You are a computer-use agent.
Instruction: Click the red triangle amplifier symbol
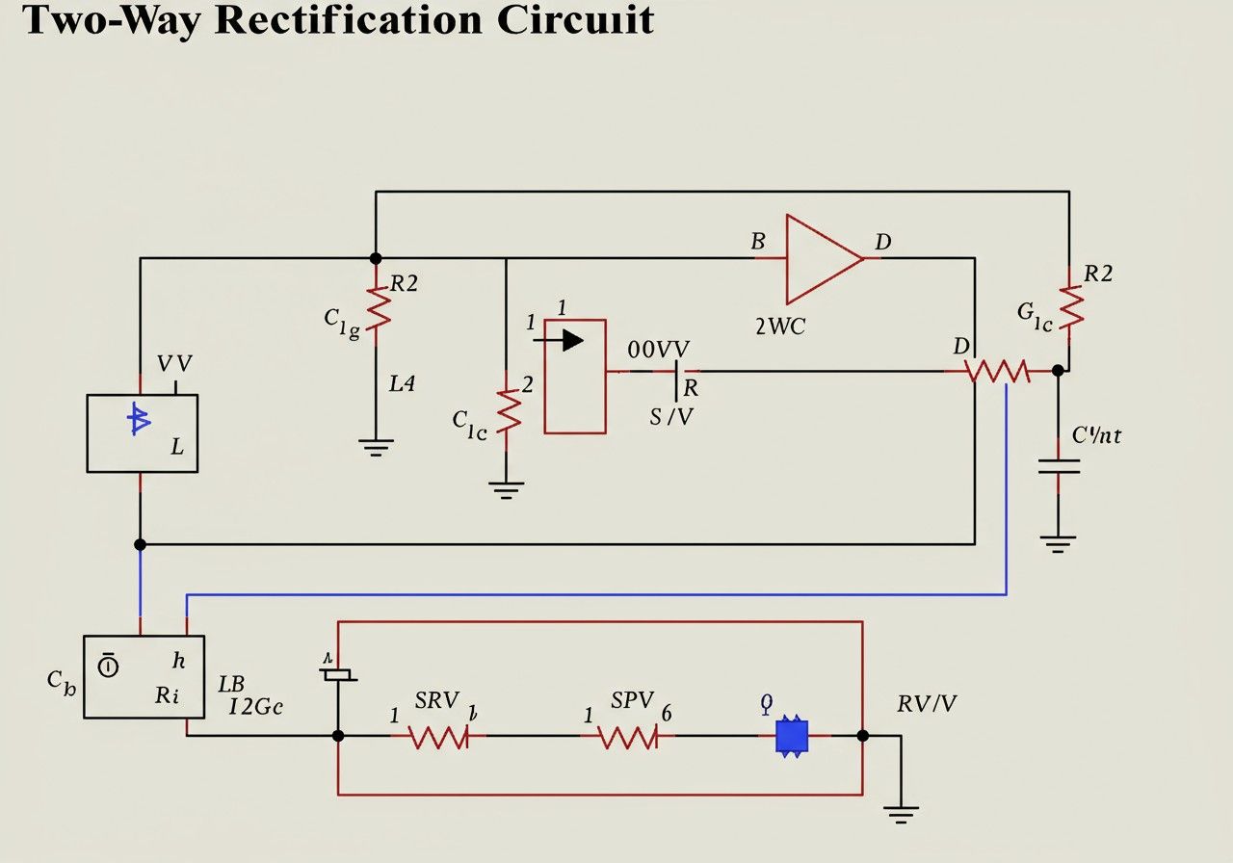point(821,259)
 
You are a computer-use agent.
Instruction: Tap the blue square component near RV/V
point(791,736)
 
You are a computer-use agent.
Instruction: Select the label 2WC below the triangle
point(780,326)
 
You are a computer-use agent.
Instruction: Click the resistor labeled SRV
point(438,737)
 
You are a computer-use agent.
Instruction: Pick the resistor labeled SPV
point(628,737)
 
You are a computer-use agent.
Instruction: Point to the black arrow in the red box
point(564,340)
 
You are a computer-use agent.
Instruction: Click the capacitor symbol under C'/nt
point(1059,467)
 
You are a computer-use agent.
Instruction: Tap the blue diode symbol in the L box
point(140,419)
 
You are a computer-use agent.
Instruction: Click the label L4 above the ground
point(402,383)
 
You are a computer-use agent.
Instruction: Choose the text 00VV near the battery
point(659,350)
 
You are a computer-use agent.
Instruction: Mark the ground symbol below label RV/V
point(902,815)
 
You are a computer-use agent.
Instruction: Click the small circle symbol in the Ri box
point(109,666)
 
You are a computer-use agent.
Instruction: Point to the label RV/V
point(927,704)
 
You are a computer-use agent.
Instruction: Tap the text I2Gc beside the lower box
point(255,706)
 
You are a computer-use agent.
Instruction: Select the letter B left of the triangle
point(758,242)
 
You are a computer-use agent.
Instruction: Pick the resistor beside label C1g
point(377,309)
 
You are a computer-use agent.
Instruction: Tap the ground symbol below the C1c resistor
point(506,488)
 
